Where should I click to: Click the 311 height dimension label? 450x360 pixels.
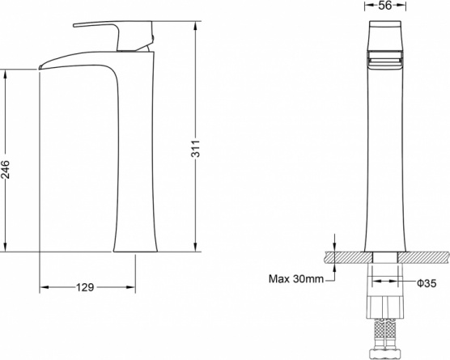195,148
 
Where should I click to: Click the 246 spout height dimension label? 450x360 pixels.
5,169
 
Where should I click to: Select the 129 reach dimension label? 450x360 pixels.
85,287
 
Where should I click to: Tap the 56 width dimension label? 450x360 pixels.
385,5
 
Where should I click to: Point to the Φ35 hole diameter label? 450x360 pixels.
427,283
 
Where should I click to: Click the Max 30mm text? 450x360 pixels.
296,278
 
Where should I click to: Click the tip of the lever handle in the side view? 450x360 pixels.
74,26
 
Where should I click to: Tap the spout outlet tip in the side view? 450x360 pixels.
40,68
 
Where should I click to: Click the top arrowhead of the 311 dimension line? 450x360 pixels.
195,26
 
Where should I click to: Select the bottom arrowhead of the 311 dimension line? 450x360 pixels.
195,248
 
